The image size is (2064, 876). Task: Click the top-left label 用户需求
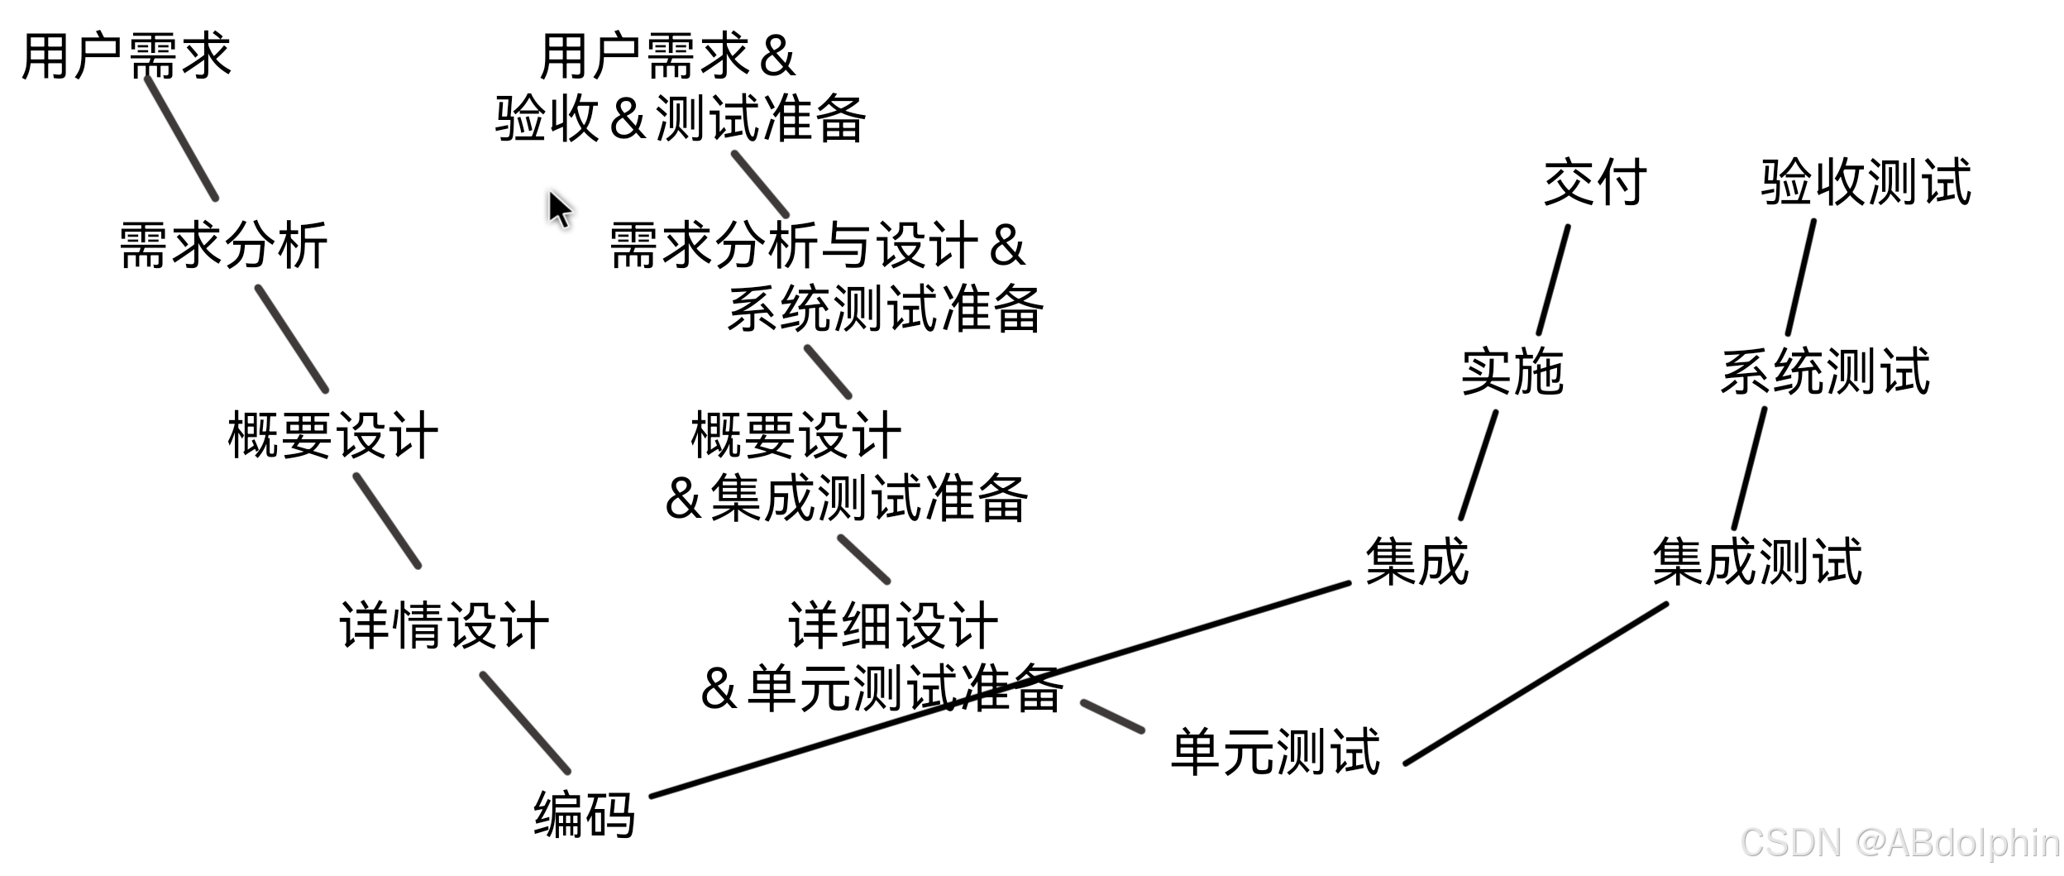(x=126, y=56)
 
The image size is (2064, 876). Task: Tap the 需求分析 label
(x=223, y=245)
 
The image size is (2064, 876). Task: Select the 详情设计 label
(x=444, y=625)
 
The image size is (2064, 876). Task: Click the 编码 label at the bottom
(x=584, y=814)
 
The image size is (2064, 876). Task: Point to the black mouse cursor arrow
(x=559, y=208)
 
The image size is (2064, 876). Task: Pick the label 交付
(x=1594, y=182)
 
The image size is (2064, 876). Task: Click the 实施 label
(x=1512, y=371)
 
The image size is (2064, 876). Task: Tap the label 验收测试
(x=1866, y=182)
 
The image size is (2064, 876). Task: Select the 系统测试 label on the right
(x=1825, y=371)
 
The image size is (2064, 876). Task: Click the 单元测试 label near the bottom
(x=1275, y=751)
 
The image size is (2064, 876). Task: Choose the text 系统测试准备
(x=885, y=309)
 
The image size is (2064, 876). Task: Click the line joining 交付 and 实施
(x=1553, y=280)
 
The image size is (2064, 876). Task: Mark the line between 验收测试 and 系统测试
(x=1801, y=277)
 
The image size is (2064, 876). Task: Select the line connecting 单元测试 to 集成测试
(x=1535, y=683)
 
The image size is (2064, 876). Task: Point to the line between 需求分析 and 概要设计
(x=292, y=338)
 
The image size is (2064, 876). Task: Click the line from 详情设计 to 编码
(x=525, y=723)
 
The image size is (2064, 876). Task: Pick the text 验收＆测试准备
(x=680, y=118)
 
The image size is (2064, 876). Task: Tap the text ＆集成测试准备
(x=846, y=498)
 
